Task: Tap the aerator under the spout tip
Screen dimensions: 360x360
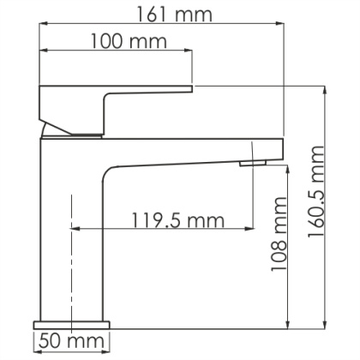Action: tap(250, 163)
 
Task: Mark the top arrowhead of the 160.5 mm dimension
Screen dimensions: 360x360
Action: tap(325, 89)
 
